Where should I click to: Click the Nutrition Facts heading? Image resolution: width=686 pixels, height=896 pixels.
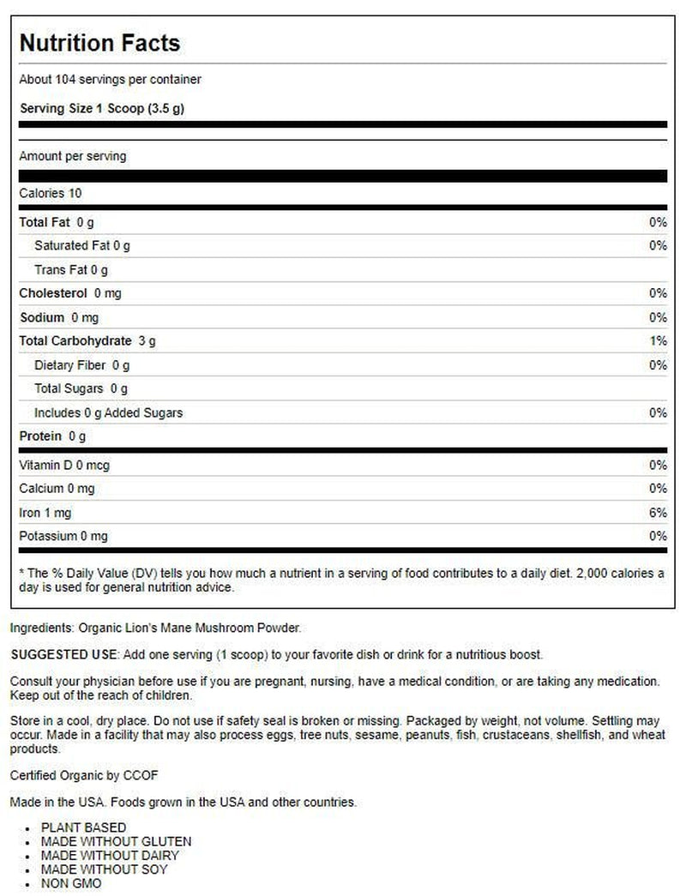coord(99,43)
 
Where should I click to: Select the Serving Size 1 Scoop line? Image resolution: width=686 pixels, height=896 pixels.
coord(102,109)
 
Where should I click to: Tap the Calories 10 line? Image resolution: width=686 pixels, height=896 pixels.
coord(51,194)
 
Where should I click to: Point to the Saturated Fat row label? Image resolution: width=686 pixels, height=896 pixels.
coord(82,246)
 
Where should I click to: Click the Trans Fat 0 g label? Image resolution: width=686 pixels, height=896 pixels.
coord(71,270)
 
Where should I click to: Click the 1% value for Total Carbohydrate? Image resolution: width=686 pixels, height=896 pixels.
coord(658,341)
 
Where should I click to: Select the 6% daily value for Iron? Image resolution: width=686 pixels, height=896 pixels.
coord(658,513)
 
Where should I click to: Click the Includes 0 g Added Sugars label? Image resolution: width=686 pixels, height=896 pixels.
coord(108,413)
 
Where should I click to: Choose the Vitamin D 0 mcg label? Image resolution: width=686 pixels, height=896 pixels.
coord(64,466)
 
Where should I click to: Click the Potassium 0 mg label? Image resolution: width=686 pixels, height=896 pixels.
coord(64,537)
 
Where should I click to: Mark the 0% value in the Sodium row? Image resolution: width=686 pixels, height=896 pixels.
coord(658,317)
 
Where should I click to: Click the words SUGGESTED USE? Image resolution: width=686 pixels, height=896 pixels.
coord(63,654)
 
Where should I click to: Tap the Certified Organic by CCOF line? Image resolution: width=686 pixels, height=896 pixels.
coord(84,775)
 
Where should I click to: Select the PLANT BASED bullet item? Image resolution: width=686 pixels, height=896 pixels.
coord(83,827)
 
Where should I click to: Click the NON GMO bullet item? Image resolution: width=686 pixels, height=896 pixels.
coord(71,882)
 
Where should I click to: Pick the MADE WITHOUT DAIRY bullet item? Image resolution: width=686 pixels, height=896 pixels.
coord(110,855)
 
